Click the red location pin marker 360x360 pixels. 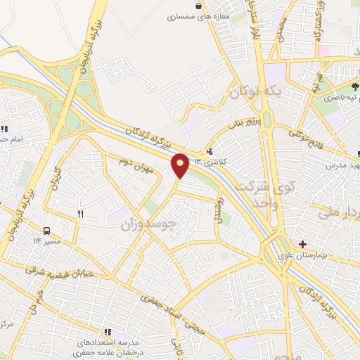181,165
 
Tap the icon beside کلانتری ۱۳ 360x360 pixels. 210,150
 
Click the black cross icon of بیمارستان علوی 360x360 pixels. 302,244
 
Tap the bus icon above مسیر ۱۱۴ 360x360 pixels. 47,231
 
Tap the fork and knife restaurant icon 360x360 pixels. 81,214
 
